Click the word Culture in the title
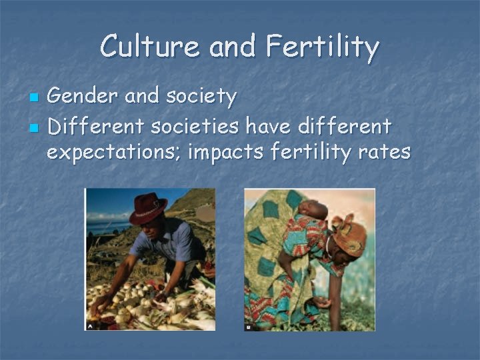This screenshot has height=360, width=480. [150, 47]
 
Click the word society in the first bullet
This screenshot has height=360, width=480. [203, 98]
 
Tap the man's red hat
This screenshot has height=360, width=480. [149, 207]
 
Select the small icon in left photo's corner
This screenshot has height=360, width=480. [89, 326]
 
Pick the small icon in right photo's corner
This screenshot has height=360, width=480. [249, 327]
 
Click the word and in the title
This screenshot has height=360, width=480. [233, 47]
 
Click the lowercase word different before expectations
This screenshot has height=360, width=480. [353, 125]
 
